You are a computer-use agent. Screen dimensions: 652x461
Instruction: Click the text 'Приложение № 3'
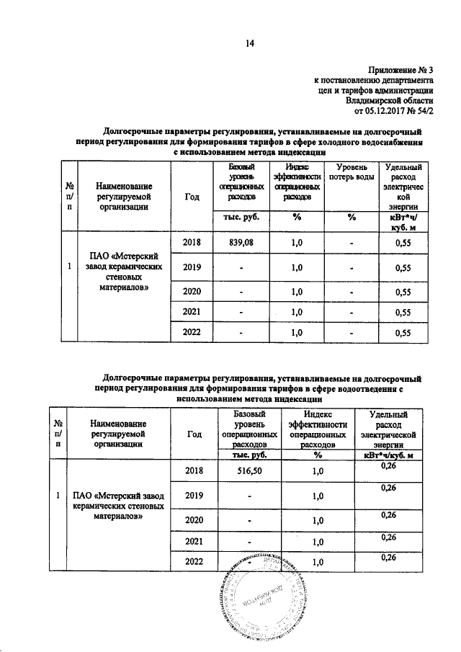tap(401, 70)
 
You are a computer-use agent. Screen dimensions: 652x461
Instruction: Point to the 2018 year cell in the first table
tap(192, 243)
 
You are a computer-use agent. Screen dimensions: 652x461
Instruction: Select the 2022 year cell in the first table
tap(192, 333)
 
